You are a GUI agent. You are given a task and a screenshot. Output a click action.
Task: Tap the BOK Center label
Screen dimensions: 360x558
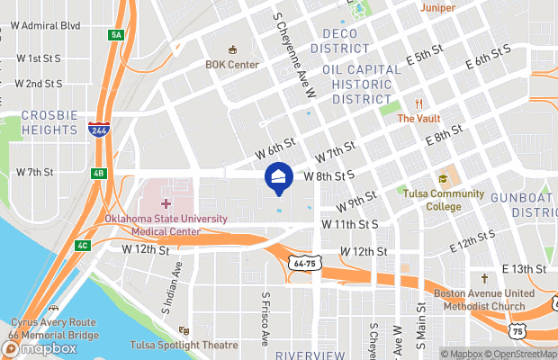(232, 65)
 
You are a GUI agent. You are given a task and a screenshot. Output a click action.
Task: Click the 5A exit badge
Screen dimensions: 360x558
(116, 35)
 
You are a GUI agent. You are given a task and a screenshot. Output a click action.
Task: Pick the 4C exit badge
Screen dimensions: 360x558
(83, 246)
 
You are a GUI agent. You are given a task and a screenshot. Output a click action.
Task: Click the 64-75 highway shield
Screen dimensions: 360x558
(303, 263)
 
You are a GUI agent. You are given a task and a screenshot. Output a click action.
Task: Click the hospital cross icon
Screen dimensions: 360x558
(166, 204)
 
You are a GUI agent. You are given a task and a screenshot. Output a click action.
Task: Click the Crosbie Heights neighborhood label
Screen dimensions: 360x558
(49, 122)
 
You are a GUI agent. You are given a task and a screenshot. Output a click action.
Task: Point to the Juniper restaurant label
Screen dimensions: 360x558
(436, 8)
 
